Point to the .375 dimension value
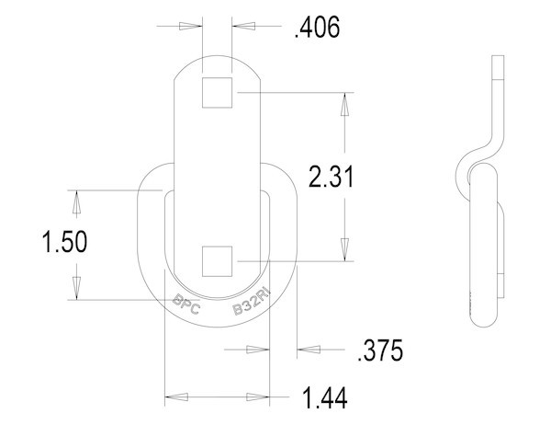click(x=378, y=350)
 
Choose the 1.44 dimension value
click(x=331, y=398)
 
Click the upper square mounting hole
click(x=217, y=94)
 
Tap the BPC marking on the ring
click(x=187, y=302)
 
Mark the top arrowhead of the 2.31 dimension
click(x=345, y=102)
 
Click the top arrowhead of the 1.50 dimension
click(x=77, y=200)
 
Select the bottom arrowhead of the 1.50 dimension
click(x=77, y=289)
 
